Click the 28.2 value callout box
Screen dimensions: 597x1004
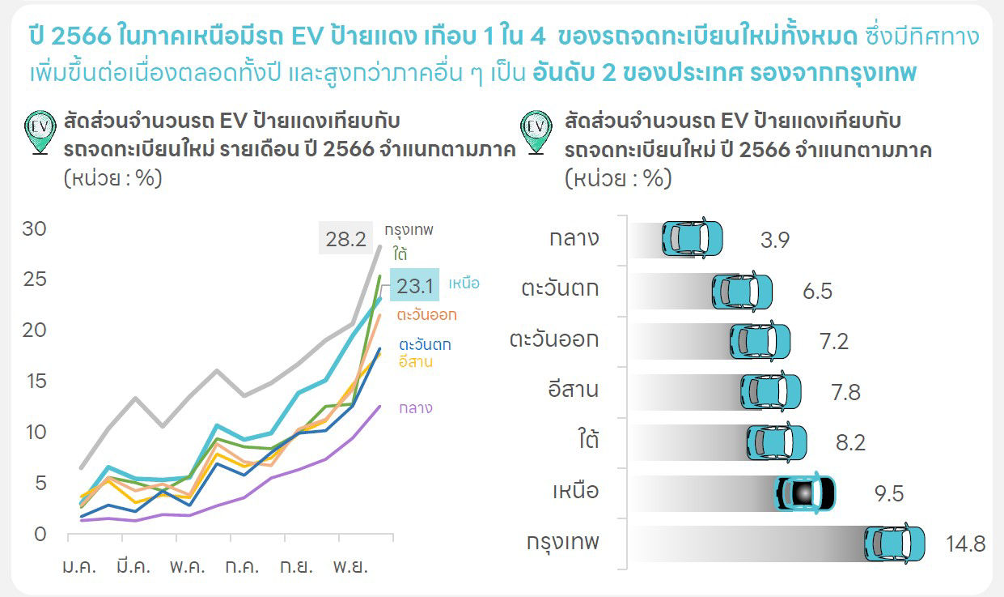(346, 239)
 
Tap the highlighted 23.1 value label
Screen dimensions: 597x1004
(415, 285)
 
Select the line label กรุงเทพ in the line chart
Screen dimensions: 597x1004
(409, 230)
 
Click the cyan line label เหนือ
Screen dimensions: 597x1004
(464, 284)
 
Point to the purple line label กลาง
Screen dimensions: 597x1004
(415, 408)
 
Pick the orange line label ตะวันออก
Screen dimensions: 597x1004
(427, 314)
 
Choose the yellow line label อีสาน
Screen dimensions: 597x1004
(416, 361)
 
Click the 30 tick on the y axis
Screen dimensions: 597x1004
(34, 229)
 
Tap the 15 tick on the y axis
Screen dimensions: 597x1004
(34, 382)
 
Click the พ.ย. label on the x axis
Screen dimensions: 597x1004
(351, 566)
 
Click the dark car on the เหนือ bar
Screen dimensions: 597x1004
(805, 493)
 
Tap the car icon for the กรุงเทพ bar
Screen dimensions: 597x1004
(894, 544)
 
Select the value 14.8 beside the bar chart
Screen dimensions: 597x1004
(965, 544)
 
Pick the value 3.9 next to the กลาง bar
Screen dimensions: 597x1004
(774, 240)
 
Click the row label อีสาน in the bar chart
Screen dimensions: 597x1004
(573, 390)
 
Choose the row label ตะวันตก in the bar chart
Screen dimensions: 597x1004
(561, 288)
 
